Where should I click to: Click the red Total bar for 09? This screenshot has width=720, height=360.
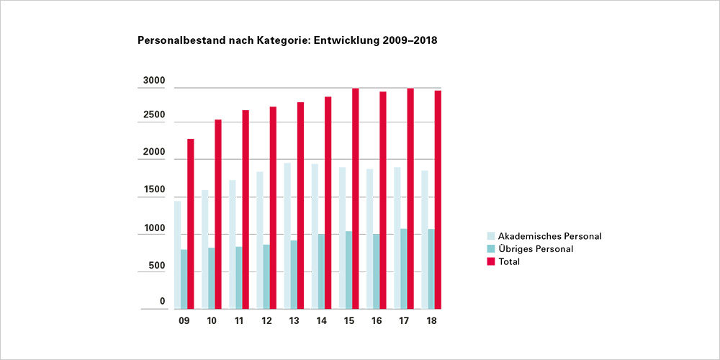click(x=191, y=224)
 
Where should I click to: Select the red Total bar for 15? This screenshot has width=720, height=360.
click(x=356, y=199)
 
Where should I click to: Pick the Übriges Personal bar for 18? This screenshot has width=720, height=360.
click(x=431, y=269)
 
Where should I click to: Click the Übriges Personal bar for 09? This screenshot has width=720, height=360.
click(x=184, y=279)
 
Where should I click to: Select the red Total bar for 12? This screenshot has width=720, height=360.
click(x=273, y=208)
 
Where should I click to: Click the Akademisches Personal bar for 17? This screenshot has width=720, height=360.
click(x=397, y=238)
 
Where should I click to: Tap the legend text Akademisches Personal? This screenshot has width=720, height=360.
click(x=549, y=236)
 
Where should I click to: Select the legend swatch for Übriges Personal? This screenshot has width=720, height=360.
click(x=491, y=249)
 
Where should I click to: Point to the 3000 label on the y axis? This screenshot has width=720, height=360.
click(x=153, y=81)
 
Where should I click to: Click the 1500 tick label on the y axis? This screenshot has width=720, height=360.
click(x=153, y=192)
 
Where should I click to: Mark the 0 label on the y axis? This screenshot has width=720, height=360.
click(x=162, y=302)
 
